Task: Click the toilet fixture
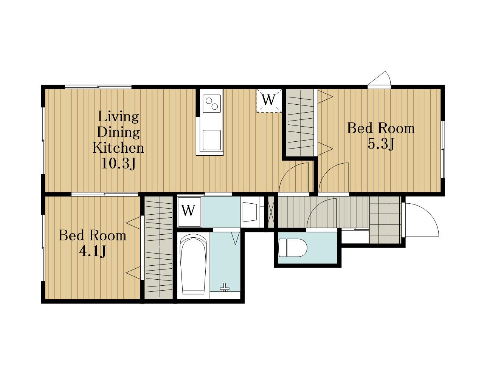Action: tap(293, 248)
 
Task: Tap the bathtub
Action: tap(193, 264)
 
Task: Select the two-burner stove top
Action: tap(212, 104)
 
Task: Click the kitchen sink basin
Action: tap(212, 140)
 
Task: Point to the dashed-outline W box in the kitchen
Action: tap(269, 101)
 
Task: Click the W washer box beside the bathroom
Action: tap(189, 212)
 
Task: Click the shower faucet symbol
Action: tap(225, 288)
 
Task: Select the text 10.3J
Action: tap(118, 164)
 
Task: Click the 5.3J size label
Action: tap(381, 144)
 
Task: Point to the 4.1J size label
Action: tap(92, 251)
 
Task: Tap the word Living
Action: tap(118, 117)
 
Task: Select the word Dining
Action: tap(118, 132)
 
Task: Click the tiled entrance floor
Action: tap(385, 220)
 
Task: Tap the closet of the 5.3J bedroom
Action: tap(300, 122)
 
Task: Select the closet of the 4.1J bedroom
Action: tap(158, 248)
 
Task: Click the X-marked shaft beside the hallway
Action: tap(271, 212)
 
